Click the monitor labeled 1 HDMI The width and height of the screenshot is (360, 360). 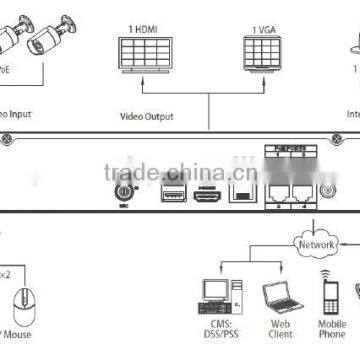[x=144, y=56]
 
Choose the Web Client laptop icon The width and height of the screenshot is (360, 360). [x=277, y=297]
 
